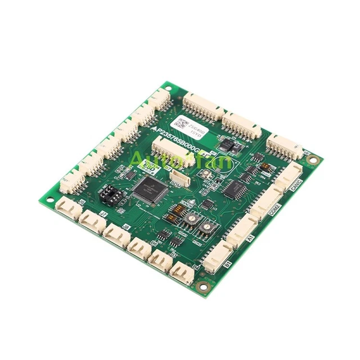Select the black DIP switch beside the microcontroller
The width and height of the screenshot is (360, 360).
(x=110, y=194)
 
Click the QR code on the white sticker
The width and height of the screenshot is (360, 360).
(x=183, y=121)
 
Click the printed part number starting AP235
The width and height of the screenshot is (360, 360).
(x=177, y=142)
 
